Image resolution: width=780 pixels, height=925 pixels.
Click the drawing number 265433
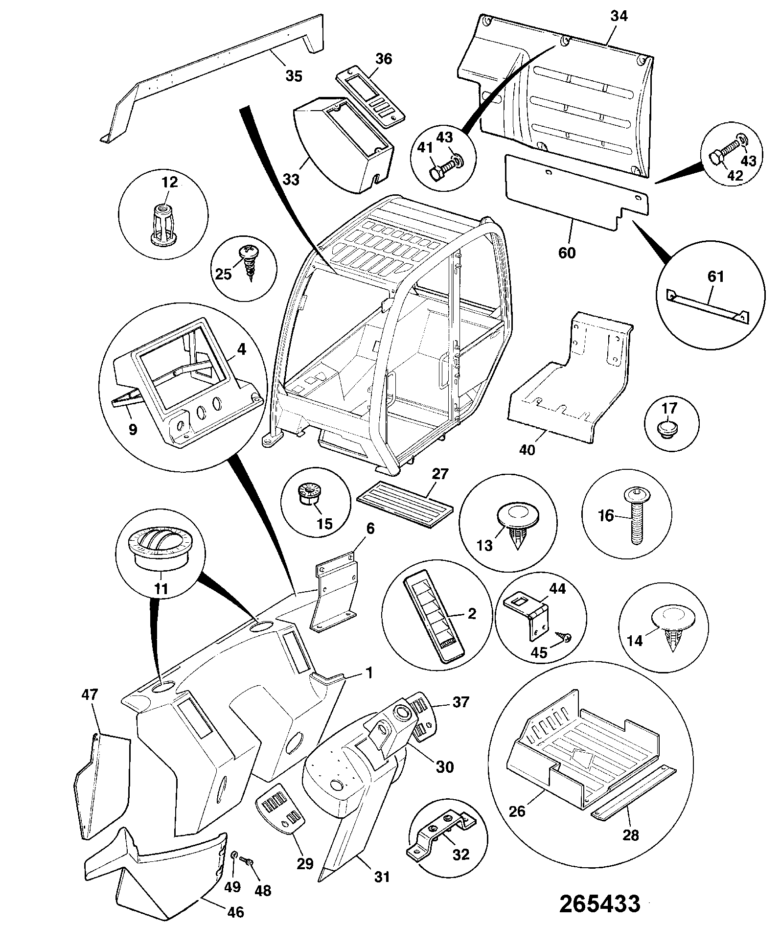(x=599, y=903)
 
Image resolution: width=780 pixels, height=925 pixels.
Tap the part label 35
(x=294, y=76)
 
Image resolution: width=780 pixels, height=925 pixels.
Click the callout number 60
(x=568, y=254)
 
